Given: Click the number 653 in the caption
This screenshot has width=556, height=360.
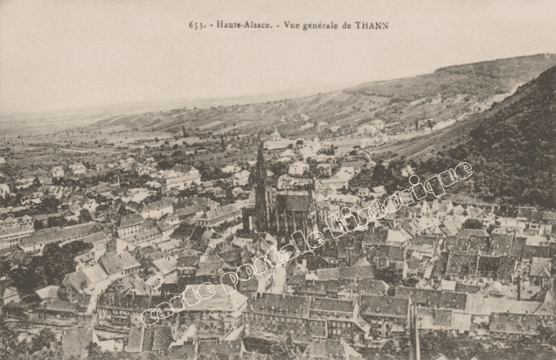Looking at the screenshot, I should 196,25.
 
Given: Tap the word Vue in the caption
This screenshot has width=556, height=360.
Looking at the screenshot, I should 293,25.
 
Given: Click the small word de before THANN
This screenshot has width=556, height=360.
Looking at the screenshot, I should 347,25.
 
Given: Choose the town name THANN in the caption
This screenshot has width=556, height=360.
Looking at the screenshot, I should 372,25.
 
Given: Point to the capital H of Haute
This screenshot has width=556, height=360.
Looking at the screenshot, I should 218,25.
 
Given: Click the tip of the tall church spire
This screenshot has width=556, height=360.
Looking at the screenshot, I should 261,141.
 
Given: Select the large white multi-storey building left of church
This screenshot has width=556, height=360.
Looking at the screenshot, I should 177,178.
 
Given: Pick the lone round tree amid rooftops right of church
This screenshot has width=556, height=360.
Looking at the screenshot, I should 473,223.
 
